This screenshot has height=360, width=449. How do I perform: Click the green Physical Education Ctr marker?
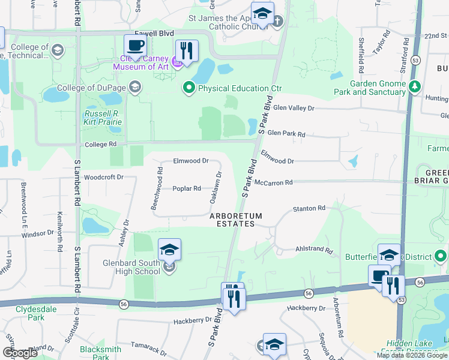pyautogui.click(x=189, y=88)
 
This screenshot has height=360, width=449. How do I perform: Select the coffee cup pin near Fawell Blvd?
pyautogui.click(x=135, y=46)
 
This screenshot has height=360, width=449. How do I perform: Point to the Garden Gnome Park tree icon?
pyautogui.click(x=414, y=88)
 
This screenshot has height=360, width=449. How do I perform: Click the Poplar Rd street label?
pyautogui.click(x=186, y=188)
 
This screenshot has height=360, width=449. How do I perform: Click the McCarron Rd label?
pyautogui.click(x=273, y=182)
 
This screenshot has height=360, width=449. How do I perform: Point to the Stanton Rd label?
pyautogui.click(x=309, y=208)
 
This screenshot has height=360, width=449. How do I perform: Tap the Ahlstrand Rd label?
pyautogui.click(x=314, y=249)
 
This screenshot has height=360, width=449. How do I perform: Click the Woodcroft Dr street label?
pyautogui.click(x=103, y=178)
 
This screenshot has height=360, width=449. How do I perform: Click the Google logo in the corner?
pyautogui.click(x=20, y=353)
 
